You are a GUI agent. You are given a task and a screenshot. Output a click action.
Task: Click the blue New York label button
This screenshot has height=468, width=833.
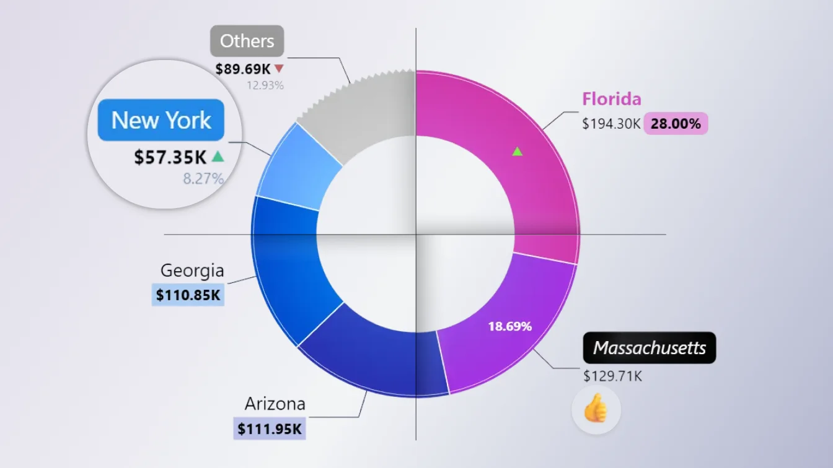point(161,120)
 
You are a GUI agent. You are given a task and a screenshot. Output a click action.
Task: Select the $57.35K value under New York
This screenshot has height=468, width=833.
point(170,157)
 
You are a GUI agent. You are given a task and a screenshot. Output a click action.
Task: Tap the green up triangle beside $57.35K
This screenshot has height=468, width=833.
point(217,157)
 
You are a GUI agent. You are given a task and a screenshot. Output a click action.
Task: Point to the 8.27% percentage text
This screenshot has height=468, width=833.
point(203,180)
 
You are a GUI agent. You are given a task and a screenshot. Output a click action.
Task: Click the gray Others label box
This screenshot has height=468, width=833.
point(247,41)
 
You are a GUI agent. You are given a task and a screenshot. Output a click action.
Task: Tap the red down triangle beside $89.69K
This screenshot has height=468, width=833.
point(279,68)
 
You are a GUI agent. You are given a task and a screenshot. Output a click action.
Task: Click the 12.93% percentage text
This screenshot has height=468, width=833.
point(265,85)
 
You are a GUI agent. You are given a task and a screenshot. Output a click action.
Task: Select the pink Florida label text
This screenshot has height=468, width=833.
point(611,99)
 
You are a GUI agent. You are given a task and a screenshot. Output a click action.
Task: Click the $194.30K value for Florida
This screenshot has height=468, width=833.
point(610,124)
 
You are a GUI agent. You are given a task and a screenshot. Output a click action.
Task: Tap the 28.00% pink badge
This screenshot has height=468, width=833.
point(676,124)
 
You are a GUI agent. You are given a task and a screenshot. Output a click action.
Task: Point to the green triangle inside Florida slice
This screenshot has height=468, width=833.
point(517,151)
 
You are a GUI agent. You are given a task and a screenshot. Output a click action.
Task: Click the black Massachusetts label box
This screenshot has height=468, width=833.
point(649,348)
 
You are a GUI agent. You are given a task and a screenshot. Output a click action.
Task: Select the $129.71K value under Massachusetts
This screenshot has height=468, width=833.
point(612,376)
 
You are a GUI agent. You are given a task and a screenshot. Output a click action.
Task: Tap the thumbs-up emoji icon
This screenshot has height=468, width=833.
point(596,410)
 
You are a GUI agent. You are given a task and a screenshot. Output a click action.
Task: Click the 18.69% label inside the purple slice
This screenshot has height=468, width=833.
point(509,327)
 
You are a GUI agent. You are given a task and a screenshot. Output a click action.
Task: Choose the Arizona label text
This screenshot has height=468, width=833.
point(275,404)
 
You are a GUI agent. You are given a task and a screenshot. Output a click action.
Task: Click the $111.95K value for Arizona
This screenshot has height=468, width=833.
point(270,429)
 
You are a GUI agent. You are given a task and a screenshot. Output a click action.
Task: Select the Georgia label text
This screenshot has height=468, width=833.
point(192,271)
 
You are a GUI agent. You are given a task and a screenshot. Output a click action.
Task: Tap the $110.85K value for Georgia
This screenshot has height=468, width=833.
point(188,295)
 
